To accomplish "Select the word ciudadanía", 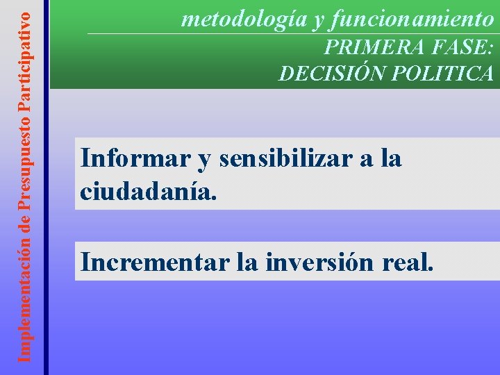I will point(149,190).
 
